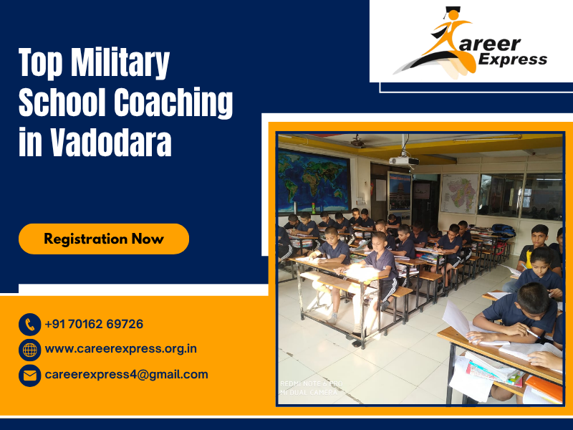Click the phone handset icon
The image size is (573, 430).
tap(29, 325)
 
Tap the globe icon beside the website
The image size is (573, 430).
tap(29, 350)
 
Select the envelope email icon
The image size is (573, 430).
tap(29, 375)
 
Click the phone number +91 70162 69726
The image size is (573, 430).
tap(94, 324)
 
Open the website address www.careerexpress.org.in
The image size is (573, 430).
tap(120, 349)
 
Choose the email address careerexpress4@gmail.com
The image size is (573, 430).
tap(126, 374)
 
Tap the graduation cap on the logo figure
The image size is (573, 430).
tap(451, 12)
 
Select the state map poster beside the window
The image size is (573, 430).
tap(459, 193)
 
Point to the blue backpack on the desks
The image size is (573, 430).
tap(504, 231)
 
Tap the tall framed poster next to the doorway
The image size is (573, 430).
tap(399, 191)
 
